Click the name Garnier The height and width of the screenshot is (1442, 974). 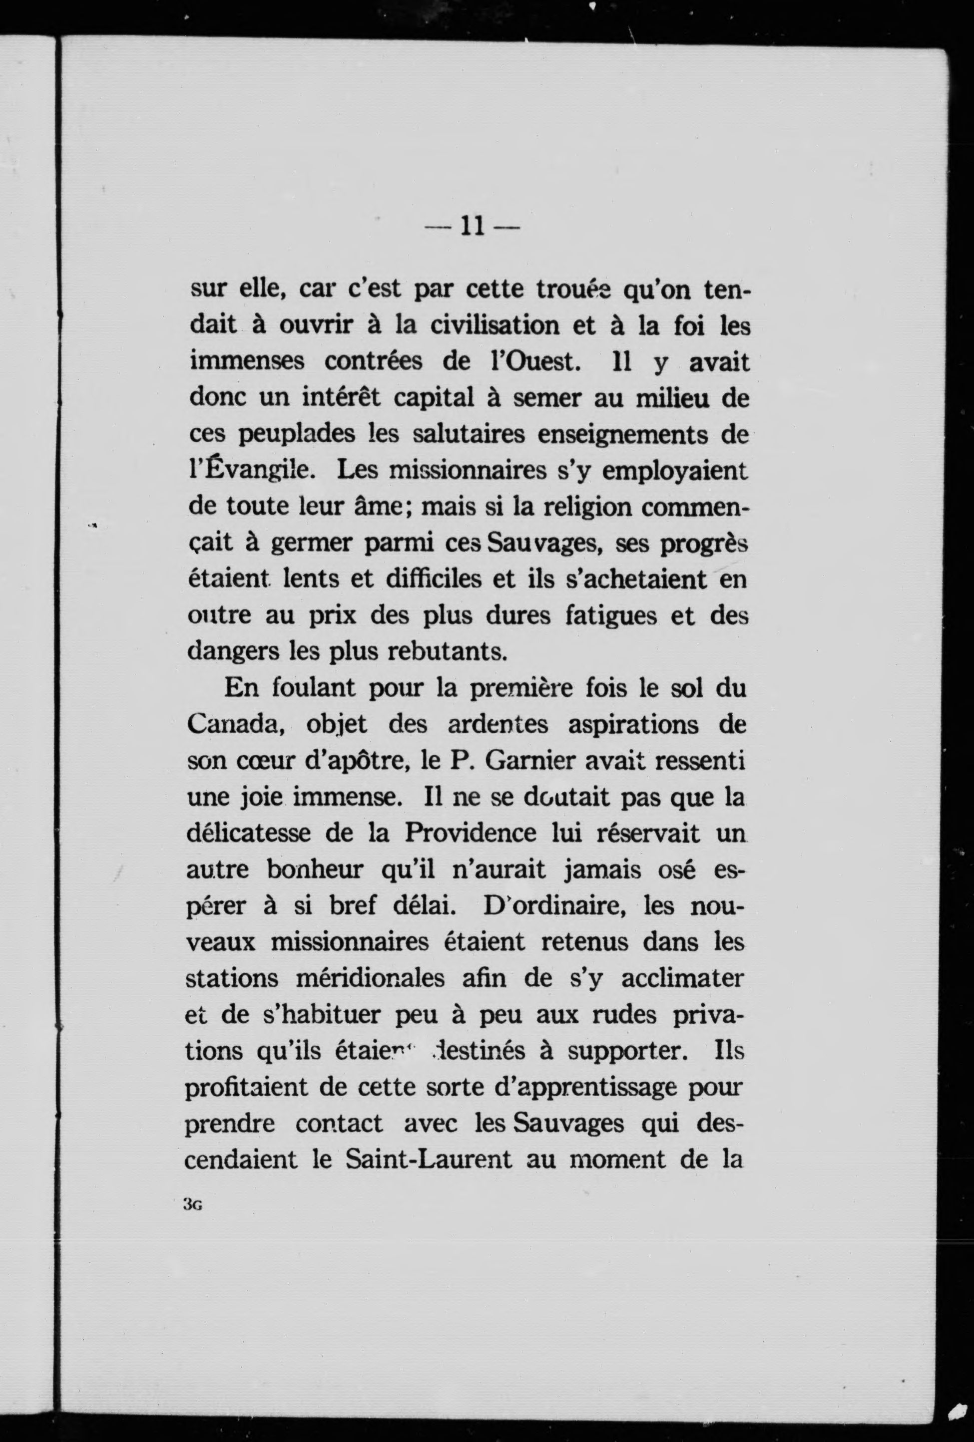tap(531, 760)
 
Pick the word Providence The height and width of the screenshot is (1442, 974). tap(471, 833)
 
